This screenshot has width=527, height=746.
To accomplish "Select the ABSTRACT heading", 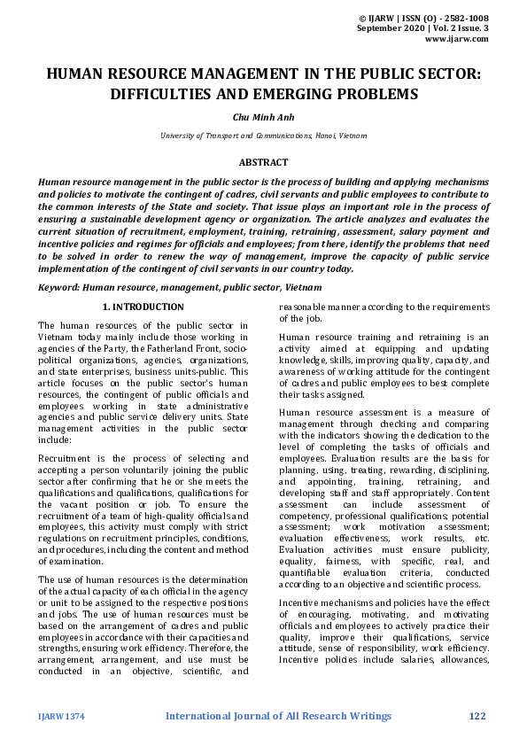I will (x=263, y=162).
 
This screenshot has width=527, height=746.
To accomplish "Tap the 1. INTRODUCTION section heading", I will (x=143, y=307).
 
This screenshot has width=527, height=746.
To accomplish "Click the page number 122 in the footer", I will (x=478, y=715).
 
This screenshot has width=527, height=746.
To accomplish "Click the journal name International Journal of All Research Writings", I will (x=278, y=715).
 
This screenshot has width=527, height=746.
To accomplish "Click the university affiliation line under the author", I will (x=263, y=136).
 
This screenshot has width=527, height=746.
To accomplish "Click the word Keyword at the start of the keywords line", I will (x=56, y=288).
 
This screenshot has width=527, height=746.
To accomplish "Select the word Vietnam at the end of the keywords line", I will (x=304, y=288).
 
